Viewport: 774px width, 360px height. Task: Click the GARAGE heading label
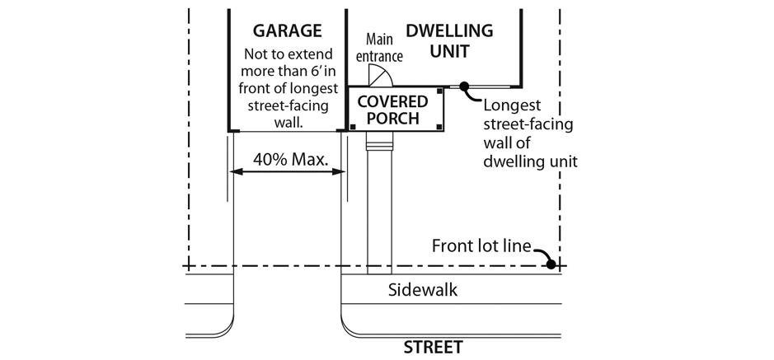pyautogui.click(x=287, y=31)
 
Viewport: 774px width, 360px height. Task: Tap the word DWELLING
pyautogui.click(x=449, y=31)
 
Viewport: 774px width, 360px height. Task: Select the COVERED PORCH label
pyautogui.click(x=393, y=110)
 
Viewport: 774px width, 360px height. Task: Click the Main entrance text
pyautogui.click(x=384, y=48)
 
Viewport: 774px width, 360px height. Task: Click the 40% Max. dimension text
pyautogui.click(x=287, y=159)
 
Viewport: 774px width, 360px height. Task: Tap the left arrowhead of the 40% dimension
pyautogui.click(x=234, y=172)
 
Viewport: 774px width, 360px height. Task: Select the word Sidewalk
pyautogui.click(x=422, y=290)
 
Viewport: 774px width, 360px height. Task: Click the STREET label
pyautogui.click(x=433, y=347)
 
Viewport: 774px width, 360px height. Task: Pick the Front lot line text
pyautogui.click(x=481, y=246)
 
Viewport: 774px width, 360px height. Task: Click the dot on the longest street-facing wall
pyautogui.click(x=464, y=85)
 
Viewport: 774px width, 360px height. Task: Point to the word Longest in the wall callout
pyautogui.click(x=511, y=105)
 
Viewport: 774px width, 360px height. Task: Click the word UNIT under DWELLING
pyautogui.click(x=449, y=51)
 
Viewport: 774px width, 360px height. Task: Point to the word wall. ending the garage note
pyautogui.click(x=288, y=124)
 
